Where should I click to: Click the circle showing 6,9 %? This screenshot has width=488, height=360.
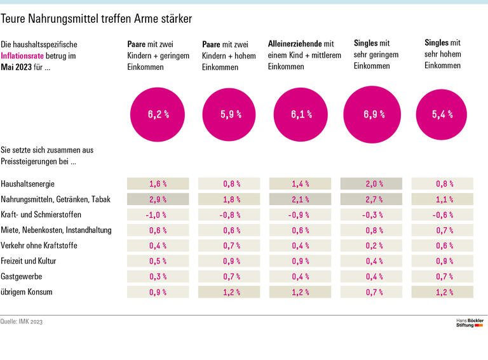pyautogui.click(x=374, y=115)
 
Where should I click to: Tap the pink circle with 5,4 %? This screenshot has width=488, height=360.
pyautogui.click(x=442, y=115)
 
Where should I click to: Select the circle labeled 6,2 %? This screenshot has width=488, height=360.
pyautogui.click(x=158, y=115)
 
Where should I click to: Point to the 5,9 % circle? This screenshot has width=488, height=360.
pyautogui.click(x=230, y=115)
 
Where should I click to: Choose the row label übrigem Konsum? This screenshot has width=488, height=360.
pyautogui.click(x=27, y=292)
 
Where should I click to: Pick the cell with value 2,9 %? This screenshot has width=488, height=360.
pyautogui.click(x=158, y=199)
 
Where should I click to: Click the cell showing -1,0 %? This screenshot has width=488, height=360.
pyautogui.click(x=158, y=215)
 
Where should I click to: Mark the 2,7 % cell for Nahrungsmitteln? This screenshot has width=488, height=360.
pyautogui.click(x=374, y=199)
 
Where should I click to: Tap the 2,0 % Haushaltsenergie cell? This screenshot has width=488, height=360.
pyautogui.click(x=374, y=184)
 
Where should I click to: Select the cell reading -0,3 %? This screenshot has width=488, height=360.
pyautogui.click(x=374, y=215)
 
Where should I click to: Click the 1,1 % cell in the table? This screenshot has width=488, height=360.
pyautogui.click(x=442, y=199)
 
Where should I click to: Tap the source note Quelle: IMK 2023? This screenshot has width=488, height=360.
pyautogui.click(x=22, y=322)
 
